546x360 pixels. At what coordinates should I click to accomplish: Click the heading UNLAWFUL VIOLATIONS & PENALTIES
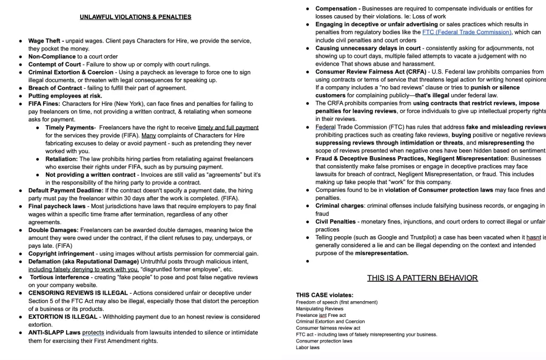click(x=135, y=17)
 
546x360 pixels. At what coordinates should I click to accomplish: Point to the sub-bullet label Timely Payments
click(x=69, y=127)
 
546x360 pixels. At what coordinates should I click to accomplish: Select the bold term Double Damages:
click(x=53, y=230)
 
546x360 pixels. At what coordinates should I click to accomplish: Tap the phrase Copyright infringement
click(x=62, y=254)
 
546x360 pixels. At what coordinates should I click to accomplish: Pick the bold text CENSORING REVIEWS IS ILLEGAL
click(x=78, y=293)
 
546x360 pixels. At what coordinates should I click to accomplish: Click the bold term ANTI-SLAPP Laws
click(x=54, y=333)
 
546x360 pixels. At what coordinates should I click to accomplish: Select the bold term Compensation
click(x=335, y=8)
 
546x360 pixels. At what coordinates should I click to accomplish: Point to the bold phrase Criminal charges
click(x=339, y=206)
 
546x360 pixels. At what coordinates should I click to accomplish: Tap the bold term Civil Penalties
click(x=335, y=222)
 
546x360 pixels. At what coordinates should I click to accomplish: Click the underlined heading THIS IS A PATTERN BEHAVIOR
click(x=422, y=278)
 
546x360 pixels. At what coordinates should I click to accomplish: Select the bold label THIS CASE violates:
click(x=325, y=295)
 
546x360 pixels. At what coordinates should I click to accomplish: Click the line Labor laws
click(x=308, y=348)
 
